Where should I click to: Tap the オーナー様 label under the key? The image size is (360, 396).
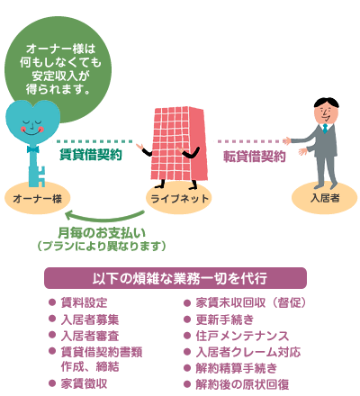37,198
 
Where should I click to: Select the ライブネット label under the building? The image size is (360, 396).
179,198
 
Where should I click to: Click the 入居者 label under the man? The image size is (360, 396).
325,198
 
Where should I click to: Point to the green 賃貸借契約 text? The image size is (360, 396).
91,155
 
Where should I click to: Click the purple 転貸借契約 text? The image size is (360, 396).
255,157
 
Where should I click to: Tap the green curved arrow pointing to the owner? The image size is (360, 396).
104,217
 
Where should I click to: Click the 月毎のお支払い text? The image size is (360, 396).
102,232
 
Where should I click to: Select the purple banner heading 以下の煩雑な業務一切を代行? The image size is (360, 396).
175,278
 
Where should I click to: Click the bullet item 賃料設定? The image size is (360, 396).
84,302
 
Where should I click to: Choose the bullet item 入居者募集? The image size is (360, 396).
90,319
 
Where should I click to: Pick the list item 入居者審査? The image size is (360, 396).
90,336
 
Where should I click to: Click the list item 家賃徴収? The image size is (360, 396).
84,383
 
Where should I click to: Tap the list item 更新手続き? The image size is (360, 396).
225,319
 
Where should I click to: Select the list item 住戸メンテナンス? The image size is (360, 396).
242,336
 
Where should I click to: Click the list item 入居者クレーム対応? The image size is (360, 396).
248,352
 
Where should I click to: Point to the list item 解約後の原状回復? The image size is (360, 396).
242,384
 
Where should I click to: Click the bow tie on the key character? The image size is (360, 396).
33,149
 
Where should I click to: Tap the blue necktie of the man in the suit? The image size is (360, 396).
325,129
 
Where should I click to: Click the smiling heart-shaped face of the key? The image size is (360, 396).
32,122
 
